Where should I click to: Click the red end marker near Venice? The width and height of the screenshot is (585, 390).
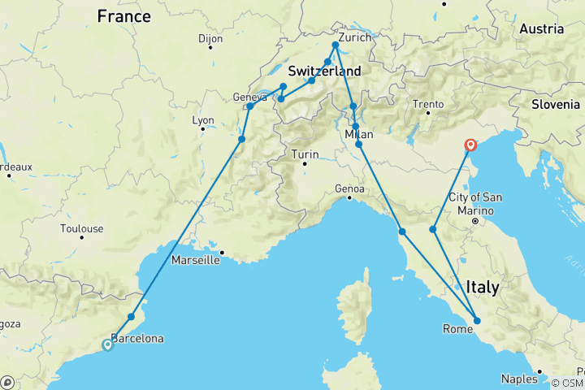pos(470,145)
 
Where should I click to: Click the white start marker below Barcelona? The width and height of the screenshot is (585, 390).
pos(107,344)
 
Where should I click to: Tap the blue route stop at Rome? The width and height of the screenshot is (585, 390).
pos(477,321)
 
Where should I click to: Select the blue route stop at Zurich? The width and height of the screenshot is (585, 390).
pos(335,45)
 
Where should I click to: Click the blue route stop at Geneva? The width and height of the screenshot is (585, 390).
pos(250,106)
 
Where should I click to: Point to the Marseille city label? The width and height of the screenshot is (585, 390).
pos(196,261)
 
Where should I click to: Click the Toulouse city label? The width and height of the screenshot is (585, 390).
pos(81,228)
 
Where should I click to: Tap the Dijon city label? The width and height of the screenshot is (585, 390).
pos(210,38)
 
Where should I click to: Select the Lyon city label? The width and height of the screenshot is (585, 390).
pos(202,120)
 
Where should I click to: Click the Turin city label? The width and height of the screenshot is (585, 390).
pos(305,154)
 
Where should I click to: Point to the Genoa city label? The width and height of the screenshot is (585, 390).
pos(349,188)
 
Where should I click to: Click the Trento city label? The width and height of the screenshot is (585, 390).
pos(428,104)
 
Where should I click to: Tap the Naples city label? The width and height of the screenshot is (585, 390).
pos(518,379)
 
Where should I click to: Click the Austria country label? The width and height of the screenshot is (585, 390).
pos(541,28)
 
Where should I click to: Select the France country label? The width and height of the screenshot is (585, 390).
pos(123,16)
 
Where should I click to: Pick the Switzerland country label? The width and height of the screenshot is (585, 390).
pos(324,71)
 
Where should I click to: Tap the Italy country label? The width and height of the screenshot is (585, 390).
pos(483,287)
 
